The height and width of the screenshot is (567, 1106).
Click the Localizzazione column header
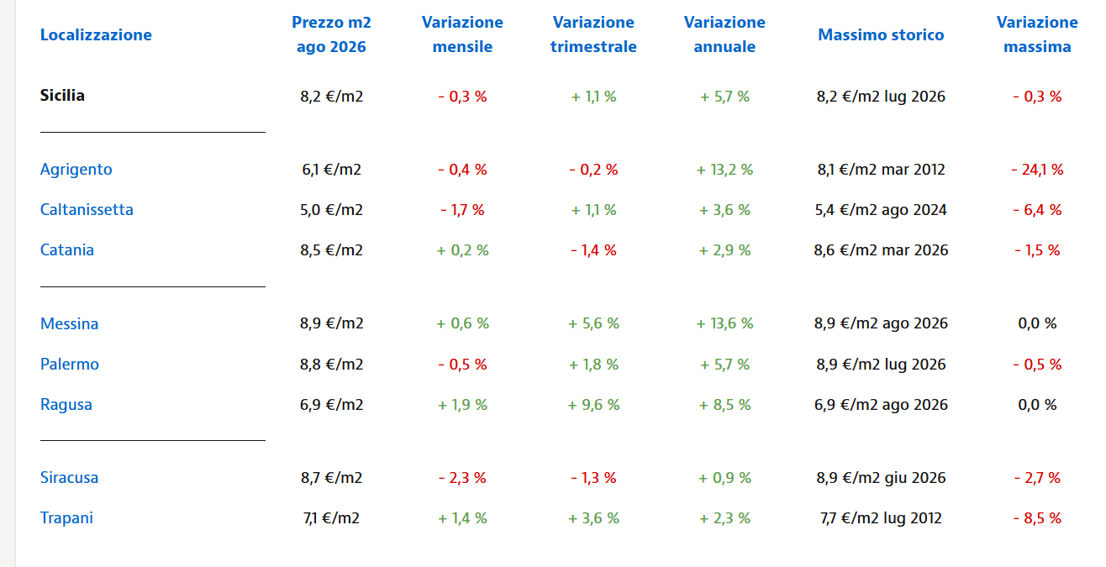coord(96,34)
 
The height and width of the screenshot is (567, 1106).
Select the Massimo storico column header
coord(881,34)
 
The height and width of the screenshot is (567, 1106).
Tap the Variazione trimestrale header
coord(593,34)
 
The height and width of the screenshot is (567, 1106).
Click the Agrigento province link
coord(76,170)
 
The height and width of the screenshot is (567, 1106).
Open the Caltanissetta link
coord(87,210)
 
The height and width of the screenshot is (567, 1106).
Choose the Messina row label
coord(69,323)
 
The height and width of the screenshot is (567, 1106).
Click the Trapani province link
coord(66,518)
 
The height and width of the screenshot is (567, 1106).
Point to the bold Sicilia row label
coord(62,95)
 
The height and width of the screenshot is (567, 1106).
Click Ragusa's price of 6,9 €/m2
coord(331,405)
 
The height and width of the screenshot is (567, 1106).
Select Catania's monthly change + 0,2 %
coord(462,250)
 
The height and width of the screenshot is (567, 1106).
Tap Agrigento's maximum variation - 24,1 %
coord(1037,170)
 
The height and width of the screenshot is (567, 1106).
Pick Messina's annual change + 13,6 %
coord(724,323)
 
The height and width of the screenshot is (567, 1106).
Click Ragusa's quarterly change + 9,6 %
coord(593,405)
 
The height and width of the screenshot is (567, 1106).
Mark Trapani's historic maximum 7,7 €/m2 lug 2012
coord(881,518)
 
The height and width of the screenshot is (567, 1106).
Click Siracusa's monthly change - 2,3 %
coord(462,478)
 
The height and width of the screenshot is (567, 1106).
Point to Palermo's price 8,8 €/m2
coord(331,365)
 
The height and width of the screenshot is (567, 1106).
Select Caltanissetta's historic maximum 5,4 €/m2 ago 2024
coord(881,210)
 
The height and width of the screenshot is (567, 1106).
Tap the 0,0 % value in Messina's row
coord(1037,323)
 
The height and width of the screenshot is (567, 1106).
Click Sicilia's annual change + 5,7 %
coord(724,97)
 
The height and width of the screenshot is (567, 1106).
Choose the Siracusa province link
coord(69,478)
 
